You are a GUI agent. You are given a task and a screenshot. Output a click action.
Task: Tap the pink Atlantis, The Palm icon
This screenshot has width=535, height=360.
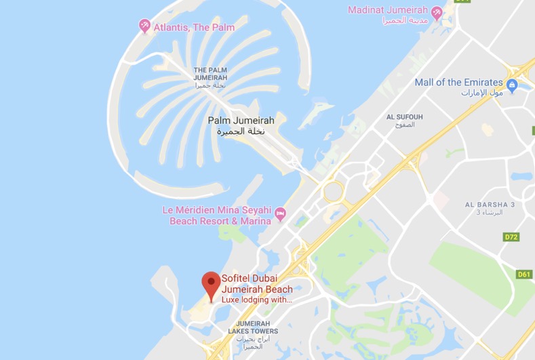click(144, 26)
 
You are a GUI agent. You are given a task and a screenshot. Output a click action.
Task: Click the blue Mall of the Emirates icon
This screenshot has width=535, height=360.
click(512, 85)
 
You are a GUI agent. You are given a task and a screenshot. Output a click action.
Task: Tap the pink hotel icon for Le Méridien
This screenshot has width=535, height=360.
click(280, 215)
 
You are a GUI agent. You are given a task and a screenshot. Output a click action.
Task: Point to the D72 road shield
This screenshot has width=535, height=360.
click(511, 237)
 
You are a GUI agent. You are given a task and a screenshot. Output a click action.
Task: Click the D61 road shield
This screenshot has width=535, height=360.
click(524, 274)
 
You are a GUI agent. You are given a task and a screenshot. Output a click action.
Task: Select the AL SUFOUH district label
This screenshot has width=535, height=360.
click(404, 117)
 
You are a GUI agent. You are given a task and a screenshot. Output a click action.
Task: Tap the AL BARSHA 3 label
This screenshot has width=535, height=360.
click(490, 204)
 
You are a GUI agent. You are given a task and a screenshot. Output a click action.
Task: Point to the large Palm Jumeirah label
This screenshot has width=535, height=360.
click(241, 120)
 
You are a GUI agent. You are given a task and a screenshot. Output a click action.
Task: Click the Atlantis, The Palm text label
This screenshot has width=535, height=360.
click(194, 27)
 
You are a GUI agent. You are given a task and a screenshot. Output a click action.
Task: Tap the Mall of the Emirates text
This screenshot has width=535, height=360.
click(458, 82)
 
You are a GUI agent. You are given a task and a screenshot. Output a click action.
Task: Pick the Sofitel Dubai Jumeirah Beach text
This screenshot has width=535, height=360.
click(257, 284)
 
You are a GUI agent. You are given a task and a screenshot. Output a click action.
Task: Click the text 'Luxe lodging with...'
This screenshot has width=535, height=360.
click(256, 300)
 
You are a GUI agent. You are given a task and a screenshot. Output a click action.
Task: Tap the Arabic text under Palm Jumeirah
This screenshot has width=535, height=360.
click(241, 132)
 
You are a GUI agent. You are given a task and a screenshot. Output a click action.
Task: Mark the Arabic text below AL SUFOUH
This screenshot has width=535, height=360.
click(404, 125)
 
